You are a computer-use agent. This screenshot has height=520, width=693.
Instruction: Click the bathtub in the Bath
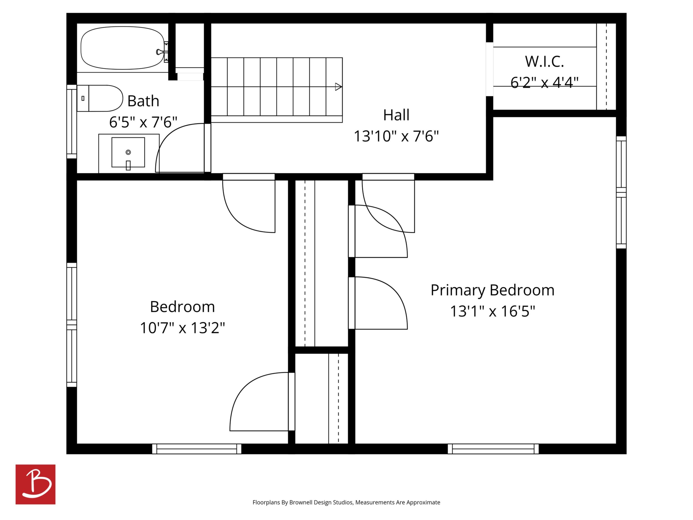click(122, 48)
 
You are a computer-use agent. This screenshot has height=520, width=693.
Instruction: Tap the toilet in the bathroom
click(100, 98)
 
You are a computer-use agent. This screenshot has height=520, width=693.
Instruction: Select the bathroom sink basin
click(128, 152)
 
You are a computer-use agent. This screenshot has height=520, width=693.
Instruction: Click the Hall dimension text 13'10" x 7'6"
click(396, 136)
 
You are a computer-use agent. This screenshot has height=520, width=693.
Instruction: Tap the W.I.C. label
click(544, 61)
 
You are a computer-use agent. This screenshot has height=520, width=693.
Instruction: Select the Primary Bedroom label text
click(493, 290)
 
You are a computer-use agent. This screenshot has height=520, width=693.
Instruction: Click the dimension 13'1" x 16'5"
click(493, 311)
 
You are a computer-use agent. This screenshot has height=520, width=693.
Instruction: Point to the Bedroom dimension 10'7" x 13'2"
click(182, 328)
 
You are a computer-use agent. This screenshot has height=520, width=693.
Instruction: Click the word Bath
click(143, 101)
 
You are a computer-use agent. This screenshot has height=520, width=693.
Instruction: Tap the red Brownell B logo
click(36, 484)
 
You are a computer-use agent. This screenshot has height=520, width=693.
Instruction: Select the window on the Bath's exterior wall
click(72, 122)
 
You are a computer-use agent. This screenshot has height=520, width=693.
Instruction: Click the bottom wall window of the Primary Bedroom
click(493, 449)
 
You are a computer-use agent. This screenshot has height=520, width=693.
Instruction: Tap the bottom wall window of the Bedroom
click(197, 449)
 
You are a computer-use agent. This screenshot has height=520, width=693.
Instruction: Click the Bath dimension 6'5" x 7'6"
click(143, 122)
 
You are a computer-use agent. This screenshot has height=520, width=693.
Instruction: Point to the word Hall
click(396, 115)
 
